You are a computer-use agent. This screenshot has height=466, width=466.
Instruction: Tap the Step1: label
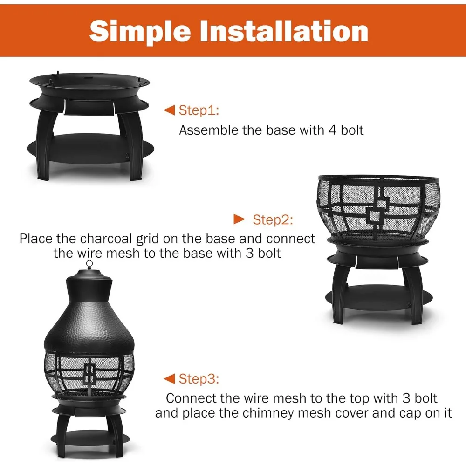tap(199, 110)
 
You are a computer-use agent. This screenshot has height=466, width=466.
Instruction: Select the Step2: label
tap(273, 219)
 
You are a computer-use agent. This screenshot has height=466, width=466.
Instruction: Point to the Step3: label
tap(199, 379)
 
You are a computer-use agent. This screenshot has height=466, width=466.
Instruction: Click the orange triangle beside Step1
tap(169, 110)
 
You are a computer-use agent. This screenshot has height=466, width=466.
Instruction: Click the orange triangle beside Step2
tap(239, 219)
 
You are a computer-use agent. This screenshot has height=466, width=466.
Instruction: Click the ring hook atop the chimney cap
tap(89, 264)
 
